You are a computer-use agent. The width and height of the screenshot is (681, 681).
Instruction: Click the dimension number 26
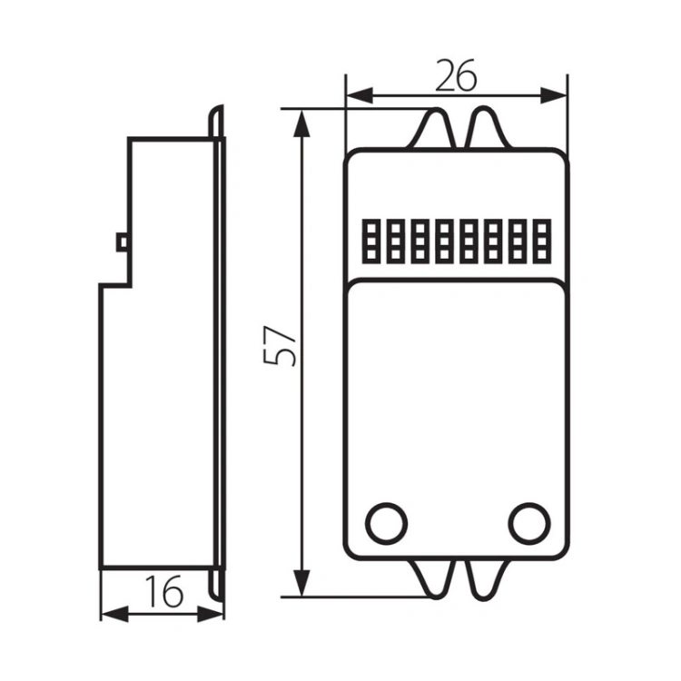point(456,75)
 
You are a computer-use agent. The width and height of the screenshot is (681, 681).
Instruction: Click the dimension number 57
point(280,345)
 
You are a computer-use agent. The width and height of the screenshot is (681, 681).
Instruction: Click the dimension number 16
point(164,591)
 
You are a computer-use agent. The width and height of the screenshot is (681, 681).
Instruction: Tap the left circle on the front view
point(387,523)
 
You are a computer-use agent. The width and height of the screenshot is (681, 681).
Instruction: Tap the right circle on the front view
point(530,523)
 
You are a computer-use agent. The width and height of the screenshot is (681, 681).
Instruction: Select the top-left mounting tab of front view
point(431,129)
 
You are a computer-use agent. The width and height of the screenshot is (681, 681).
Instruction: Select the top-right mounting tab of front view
point(489,128)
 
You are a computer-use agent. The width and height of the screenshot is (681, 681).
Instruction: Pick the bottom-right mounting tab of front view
point(485,580)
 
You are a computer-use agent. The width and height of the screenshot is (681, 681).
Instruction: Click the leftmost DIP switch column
point(370,241)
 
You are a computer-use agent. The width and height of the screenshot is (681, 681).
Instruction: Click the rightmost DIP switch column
point(542,241)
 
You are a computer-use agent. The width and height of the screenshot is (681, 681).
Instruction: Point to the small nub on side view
point(122,242)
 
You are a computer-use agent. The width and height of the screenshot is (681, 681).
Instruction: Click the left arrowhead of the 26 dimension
point(360,95)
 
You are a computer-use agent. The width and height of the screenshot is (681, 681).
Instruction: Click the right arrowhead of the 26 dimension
point(553,95)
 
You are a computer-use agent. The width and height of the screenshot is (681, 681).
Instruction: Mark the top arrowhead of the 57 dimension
point(302,123)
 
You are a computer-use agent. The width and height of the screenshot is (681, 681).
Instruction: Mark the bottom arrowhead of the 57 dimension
point(302,582)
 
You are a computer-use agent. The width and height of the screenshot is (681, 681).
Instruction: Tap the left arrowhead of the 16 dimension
point(114,614)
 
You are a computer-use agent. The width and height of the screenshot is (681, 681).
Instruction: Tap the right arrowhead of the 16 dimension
point(211,614)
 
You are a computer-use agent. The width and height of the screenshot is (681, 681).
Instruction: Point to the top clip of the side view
point(217,122)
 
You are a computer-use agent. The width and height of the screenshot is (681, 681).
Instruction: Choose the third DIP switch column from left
point(419,241)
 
